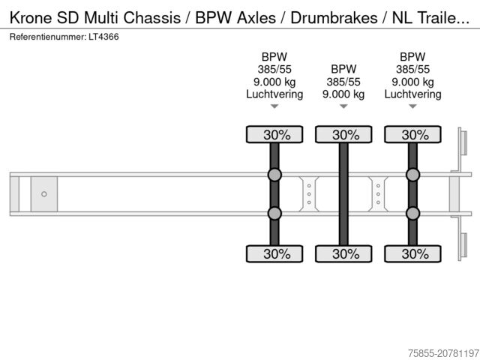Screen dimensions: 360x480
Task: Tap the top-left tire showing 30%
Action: coord(274,135)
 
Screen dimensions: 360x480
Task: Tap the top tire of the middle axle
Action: coord(343,135)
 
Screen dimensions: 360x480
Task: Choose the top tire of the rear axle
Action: coord(412,135)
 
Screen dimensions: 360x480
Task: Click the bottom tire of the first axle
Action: coord(274,253)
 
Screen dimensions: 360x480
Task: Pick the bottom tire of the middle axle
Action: coord(343,253)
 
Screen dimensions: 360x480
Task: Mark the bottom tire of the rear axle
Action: coord(412,253)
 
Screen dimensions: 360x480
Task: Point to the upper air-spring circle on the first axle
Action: coord(274,175)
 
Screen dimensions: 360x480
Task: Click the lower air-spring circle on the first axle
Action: coord(274,213)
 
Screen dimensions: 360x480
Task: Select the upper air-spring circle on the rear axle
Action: coord(412,175)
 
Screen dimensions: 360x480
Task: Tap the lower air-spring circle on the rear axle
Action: coord(412,213)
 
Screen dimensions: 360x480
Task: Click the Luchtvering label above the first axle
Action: coord(274,94)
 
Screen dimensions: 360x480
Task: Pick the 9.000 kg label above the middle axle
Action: coord(343,94)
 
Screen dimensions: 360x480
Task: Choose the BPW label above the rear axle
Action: coord(412,56)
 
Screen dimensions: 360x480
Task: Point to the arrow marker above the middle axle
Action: coord(343,106)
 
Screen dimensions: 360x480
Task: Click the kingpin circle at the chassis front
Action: coord(43,194)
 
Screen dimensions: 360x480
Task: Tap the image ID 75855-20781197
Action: coord(433,351)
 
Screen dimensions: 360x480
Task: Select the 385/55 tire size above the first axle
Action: coord(274,70)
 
